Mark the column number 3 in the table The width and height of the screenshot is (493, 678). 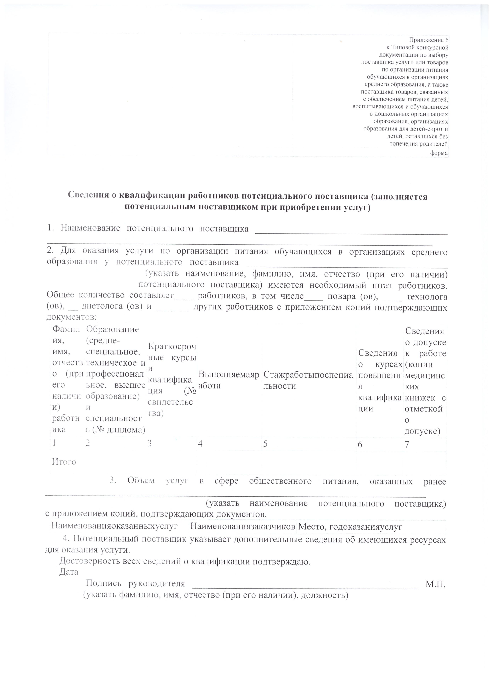(x=150, y=444)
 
